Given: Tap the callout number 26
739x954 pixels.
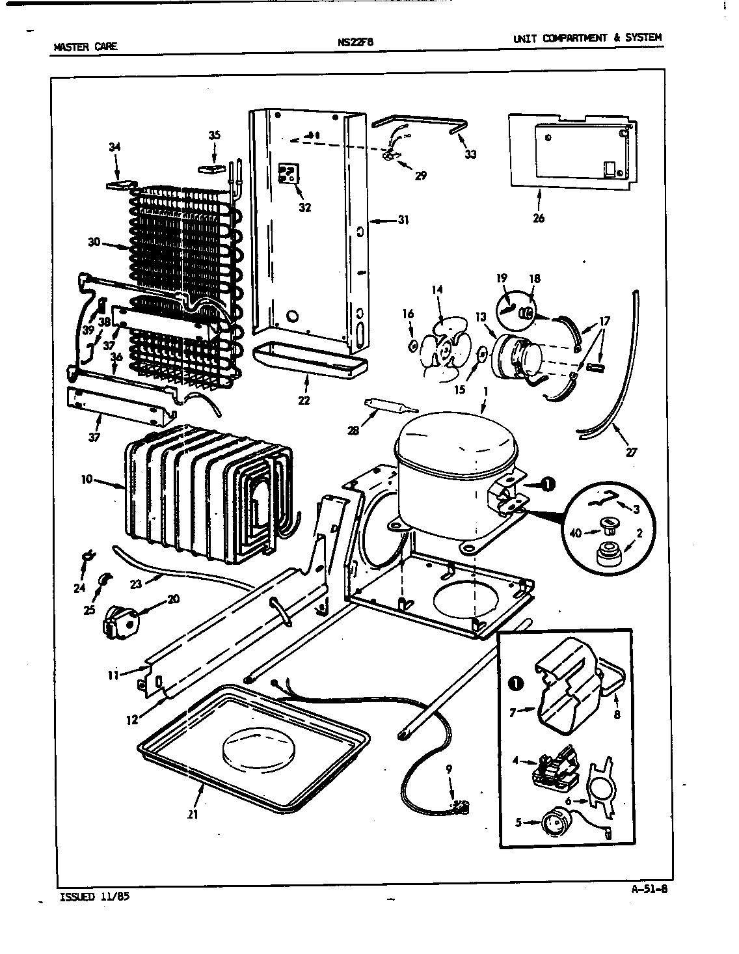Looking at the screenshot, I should tap(538, 218).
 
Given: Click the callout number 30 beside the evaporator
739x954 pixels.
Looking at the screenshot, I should tap(94, 242).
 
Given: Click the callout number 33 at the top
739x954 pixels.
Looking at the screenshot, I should tap(470, 154).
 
